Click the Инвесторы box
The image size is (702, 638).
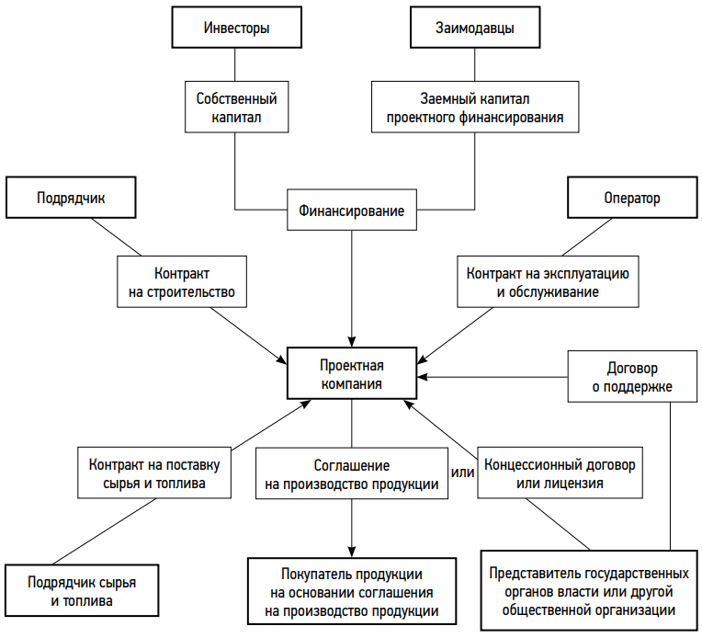[236, 28]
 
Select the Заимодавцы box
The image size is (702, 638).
[475, 28]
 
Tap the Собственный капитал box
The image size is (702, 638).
[236, 107]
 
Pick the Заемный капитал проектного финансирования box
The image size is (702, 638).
[475, 107]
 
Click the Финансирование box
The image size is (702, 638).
[351, 210]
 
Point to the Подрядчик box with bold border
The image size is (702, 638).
[71, 198]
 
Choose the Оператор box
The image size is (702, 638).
[632, 198]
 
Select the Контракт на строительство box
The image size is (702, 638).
[182, 282]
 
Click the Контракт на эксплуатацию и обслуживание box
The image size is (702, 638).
[548, 282]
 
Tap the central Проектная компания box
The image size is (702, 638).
[351, 373]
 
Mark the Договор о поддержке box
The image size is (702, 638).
[632, 376]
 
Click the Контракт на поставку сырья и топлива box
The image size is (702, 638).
[154, 473]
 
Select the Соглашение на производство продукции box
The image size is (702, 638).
[351, 473]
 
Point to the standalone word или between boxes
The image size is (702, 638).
[462, 473]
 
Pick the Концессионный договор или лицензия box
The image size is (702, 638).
[560, 473]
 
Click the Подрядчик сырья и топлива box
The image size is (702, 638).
[82, 590]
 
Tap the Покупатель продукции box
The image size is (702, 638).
[351, 591]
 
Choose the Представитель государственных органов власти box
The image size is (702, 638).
[589, 591]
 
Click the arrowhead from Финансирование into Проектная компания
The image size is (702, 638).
[351, 341]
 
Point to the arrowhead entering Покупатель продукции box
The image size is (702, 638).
[351, 552]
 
